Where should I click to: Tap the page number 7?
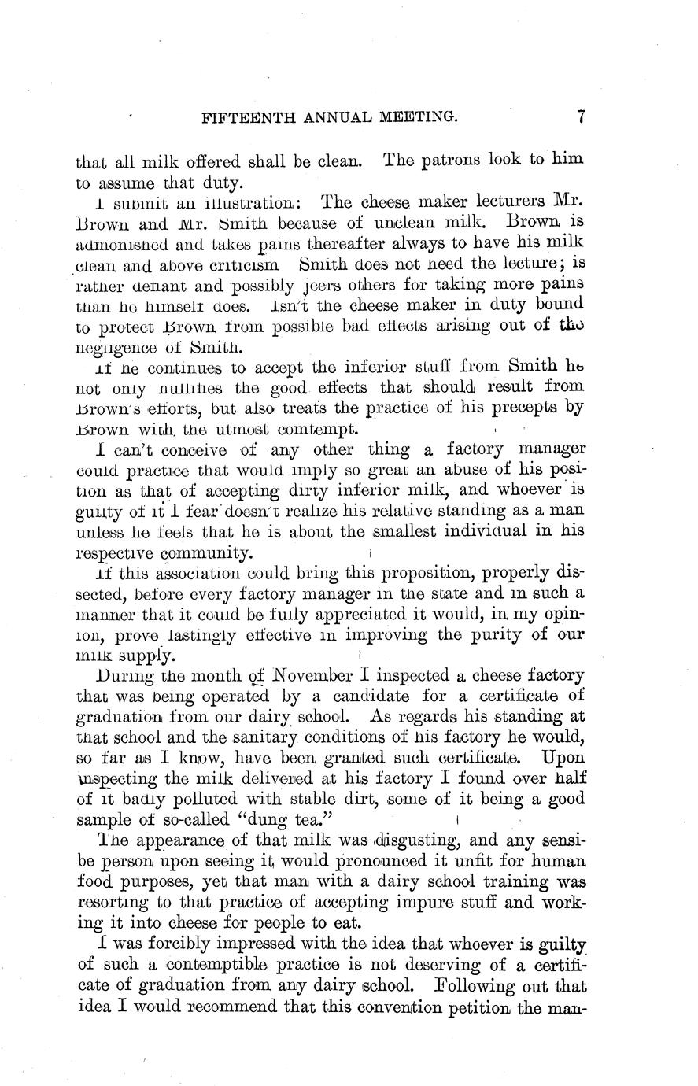pyautogui.click(x=580, y=117)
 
